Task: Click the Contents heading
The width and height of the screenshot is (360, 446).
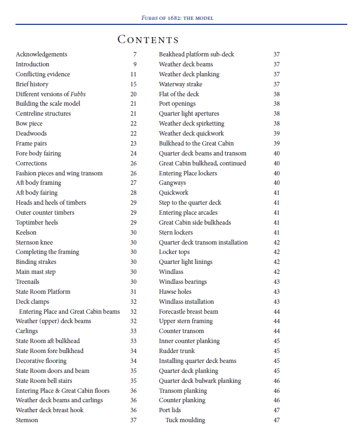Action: coord(148,39)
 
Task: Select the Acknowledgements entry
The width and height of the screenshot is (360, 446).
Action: coord(41,54)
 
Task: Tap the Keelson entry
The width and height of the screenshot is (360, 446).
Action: coord(26,232)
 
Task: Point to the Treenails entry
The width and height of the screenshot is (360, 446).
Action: coord(28,282)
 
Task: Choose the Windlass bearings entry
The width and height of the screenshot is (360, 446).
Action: coord(182,282)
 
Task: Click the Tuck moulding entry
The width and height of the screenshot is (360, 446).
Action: coord(185,420)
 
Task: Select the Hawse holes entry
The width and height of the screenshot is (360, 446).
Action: coord(175,292)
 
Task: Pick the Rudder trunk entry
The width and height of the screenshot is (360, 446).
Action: coord(176,351)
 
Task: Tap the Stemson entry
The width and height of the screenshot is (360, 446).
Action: coord(27,420)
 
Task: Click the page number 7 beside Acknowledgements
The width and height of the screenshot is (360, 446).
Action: coord(134,54)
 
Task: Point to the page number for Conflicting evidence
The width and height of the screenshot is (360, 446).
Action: coord(133,74)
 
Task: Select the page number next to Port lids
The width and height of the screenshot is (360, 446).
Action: coord(276,410)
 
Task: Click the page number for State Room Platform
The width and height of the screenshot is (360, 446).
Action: coord(133,292)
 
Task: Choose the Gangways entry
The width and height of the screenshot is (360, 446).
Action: coord(172,183)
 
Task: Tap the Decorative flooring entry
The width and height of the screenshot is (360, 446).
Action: coord(41,361)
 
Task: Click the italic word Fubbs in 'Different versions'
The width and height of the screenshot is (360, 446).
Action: coord(78,94)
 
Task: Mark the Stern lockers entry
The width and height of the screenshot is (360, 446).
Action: coord(176,232)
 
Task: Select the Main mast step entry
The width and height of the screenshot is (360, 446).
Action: coord(35,272)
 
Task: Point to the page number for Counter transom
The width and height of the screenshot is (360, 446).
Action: coord(276,331)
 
